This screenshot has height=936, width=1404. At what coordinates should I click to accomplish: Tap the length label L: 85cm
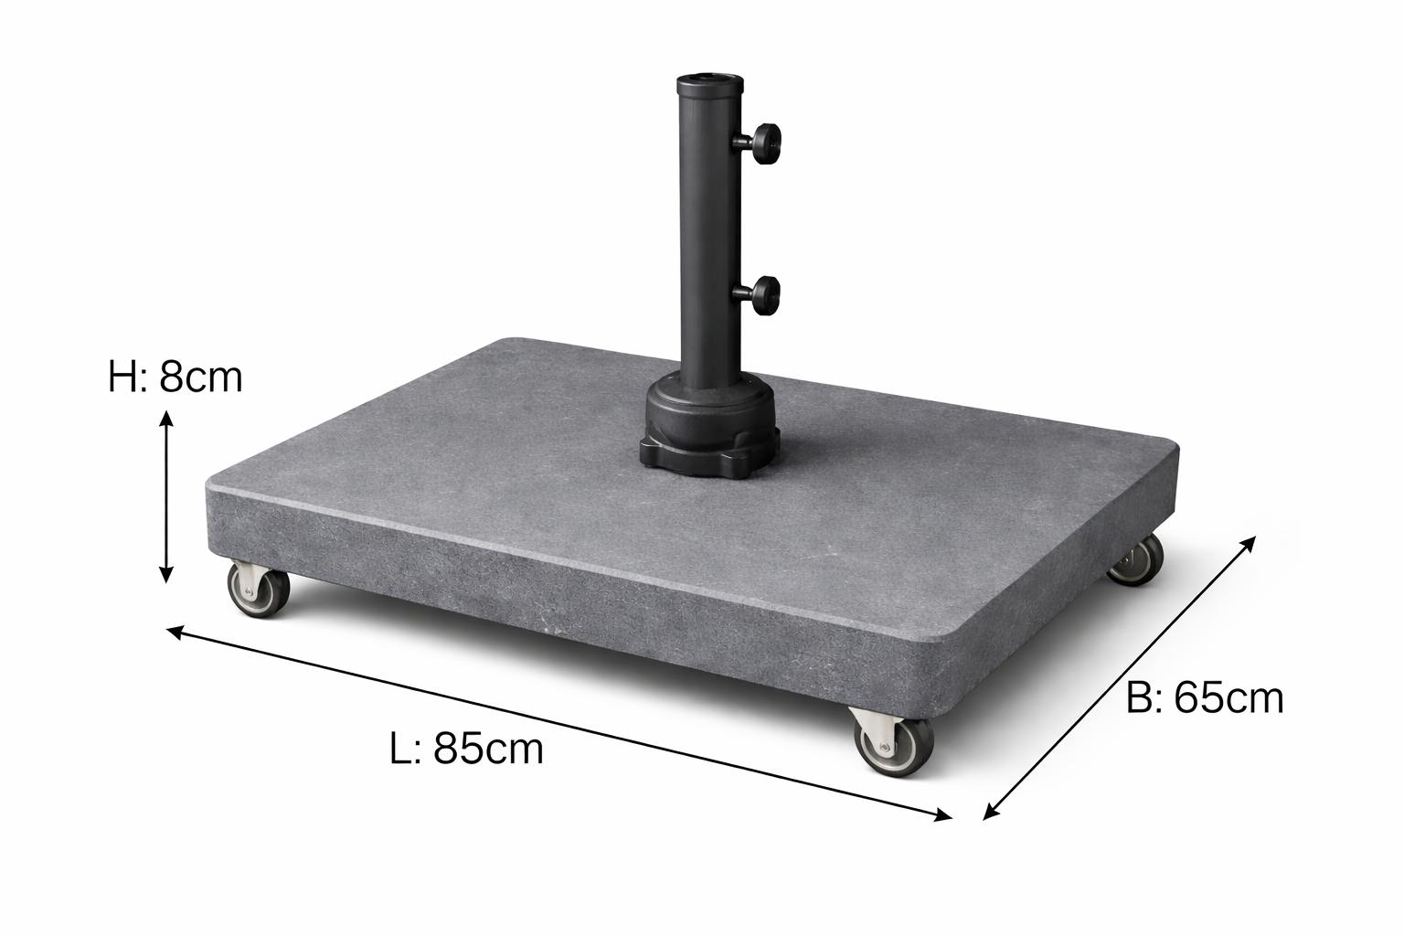tap(466, 749)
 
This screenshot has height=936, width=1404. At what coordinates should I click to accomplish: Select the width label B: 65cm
tap(1205, 698)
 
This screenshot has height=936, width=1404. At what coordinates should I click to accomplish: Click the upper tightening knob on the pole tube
tap(766, 140)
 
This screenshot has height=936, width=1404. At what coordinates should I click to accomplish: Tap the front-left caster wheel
tap(259, 590)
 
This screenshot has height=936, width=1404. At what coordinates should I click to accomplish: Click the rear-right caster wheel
tap(1136, 560)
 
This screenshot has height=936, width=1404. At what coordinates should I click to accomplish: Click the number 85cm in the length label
tap(488, 749)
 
